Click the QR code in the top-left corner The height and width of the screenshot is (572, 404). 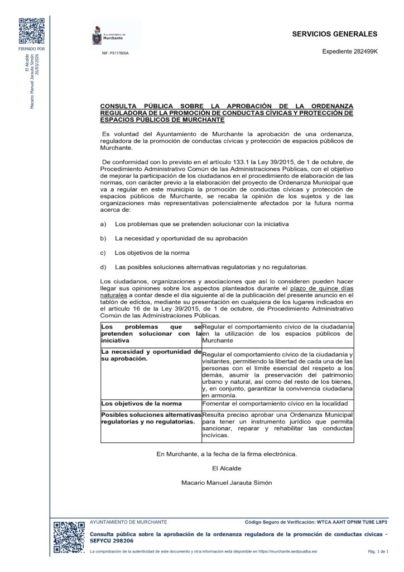point(32,31)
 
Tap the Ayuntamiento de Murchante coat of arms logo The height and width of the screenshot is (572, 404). point(97,36)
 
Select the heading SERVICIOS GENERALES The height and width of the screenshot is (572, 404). point(334,35)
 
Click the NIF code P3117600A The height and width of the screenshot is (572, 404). point(115,54)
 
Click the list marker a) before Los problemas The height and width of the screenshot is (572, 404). point(103,223)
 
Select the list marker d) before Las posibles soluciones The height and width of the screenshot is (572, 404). point(103,266)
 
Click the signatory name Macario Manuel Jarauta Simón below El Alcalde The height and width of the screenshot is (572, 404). point(227,483)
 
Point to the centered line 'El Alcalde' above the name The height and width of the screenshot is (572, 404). point(227,468)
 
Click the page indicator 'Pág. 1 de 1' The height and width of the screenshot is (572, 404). point(378,551)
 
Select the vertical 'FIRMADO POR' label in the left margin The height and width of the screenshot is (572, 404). point(32,49)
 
